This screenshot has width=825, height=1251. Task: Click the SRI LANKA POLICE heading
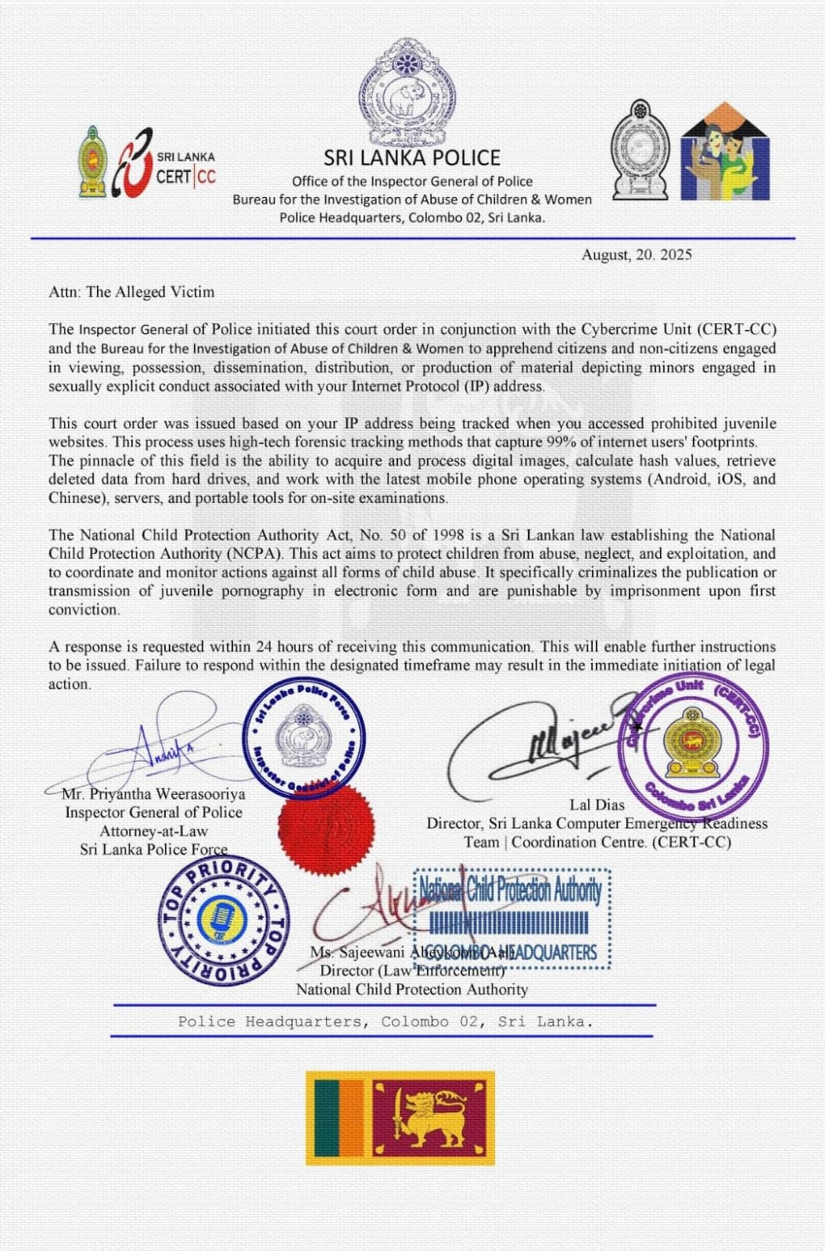tap(412, 157)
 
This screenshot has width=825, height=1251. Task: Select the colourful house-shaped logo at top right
tap(725, 153)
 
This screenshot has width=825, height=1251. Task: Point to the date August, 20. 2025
tap(636, 255)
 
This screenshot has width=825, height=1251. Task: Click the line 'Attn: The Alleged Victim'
tap(131, 292)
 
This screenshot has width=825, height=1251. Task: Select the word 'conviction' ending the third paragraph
tap(84, 610)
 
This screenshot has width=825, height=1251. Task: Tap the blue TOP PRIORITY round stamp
tap(224, 918)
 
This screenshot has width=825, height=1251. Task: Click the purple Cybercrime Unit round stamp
tap(692, 742)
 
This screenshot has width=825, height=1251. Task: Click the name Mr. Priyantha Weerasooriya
tap(153, 794)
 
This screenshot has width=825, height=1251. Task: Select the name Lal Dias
tap(597, 804)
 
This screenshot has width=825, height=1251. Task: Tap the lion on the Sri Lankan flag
tap(429, 1118)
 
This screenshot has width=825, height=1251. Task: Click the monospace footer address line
tap(385, 1022)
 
